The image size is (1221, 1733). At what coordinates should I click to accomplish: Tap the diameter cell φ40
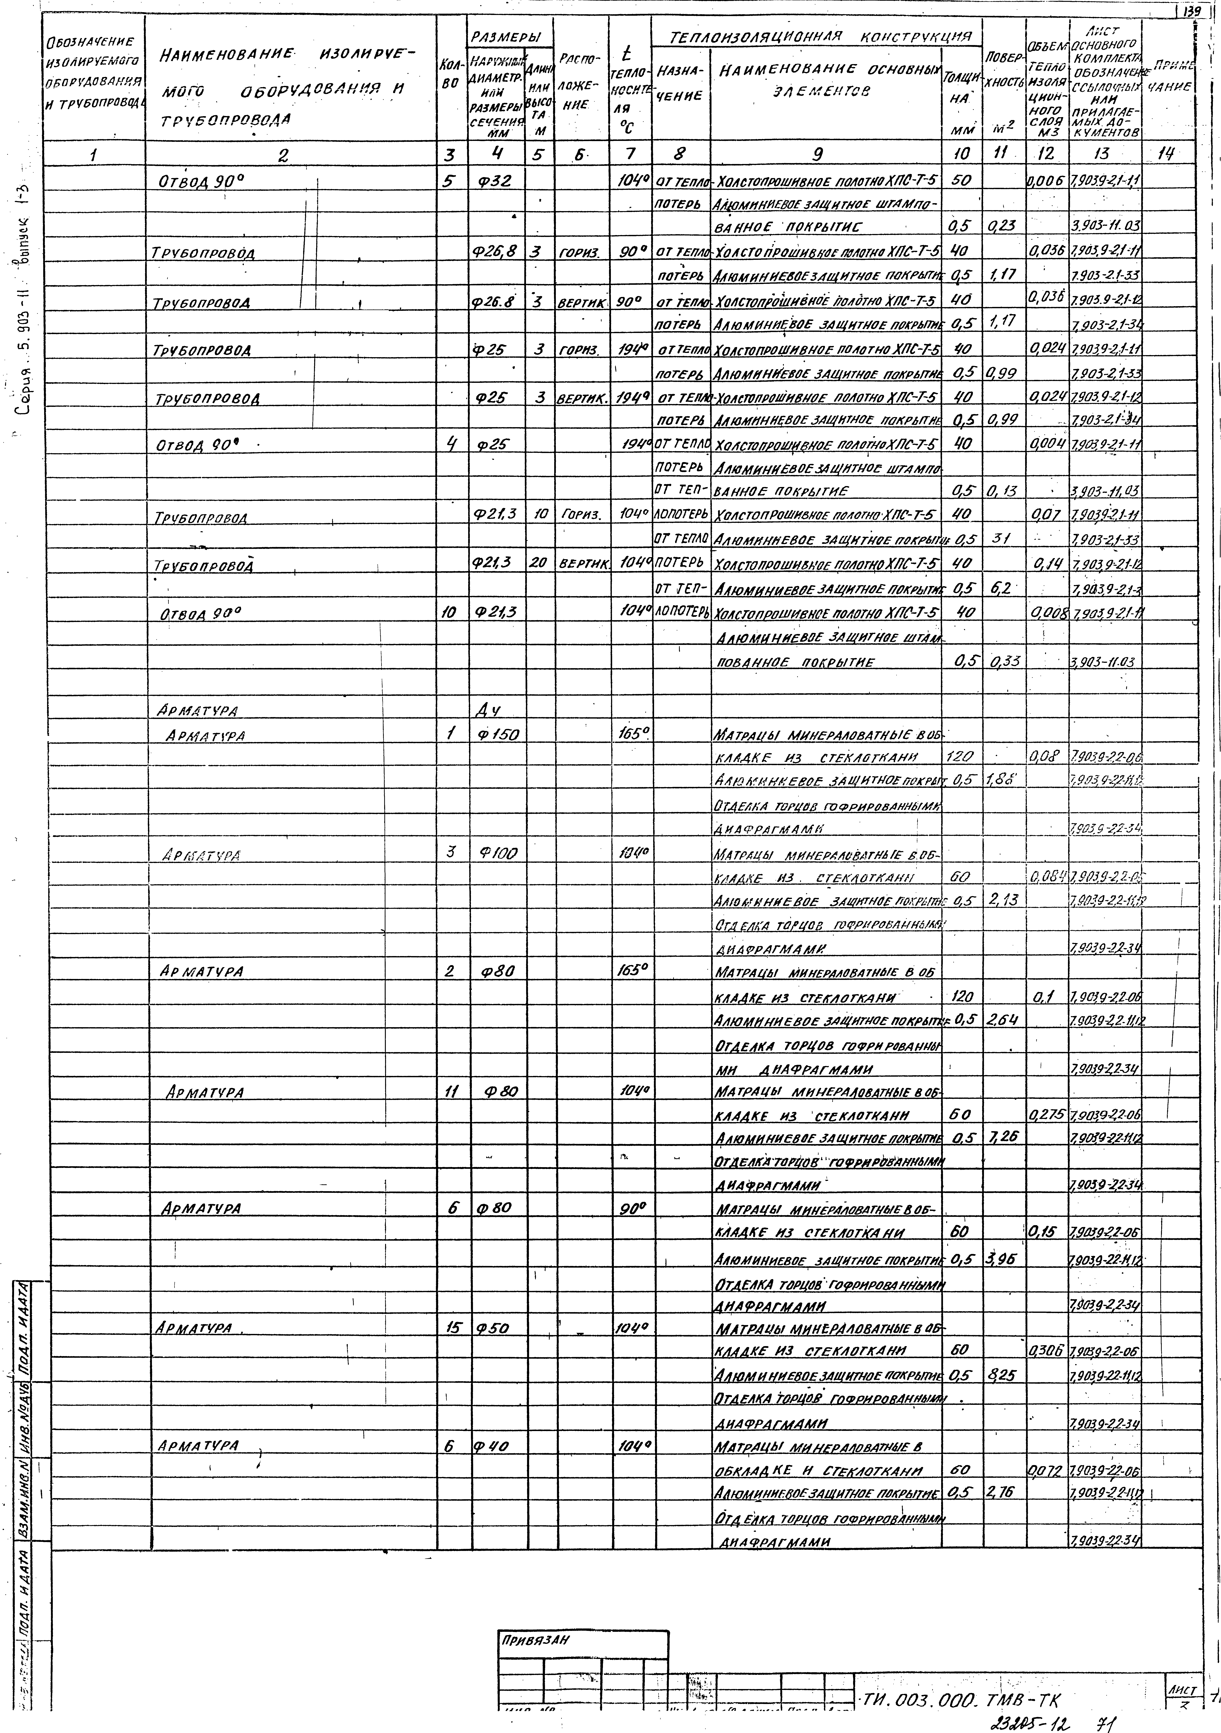492,1446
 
